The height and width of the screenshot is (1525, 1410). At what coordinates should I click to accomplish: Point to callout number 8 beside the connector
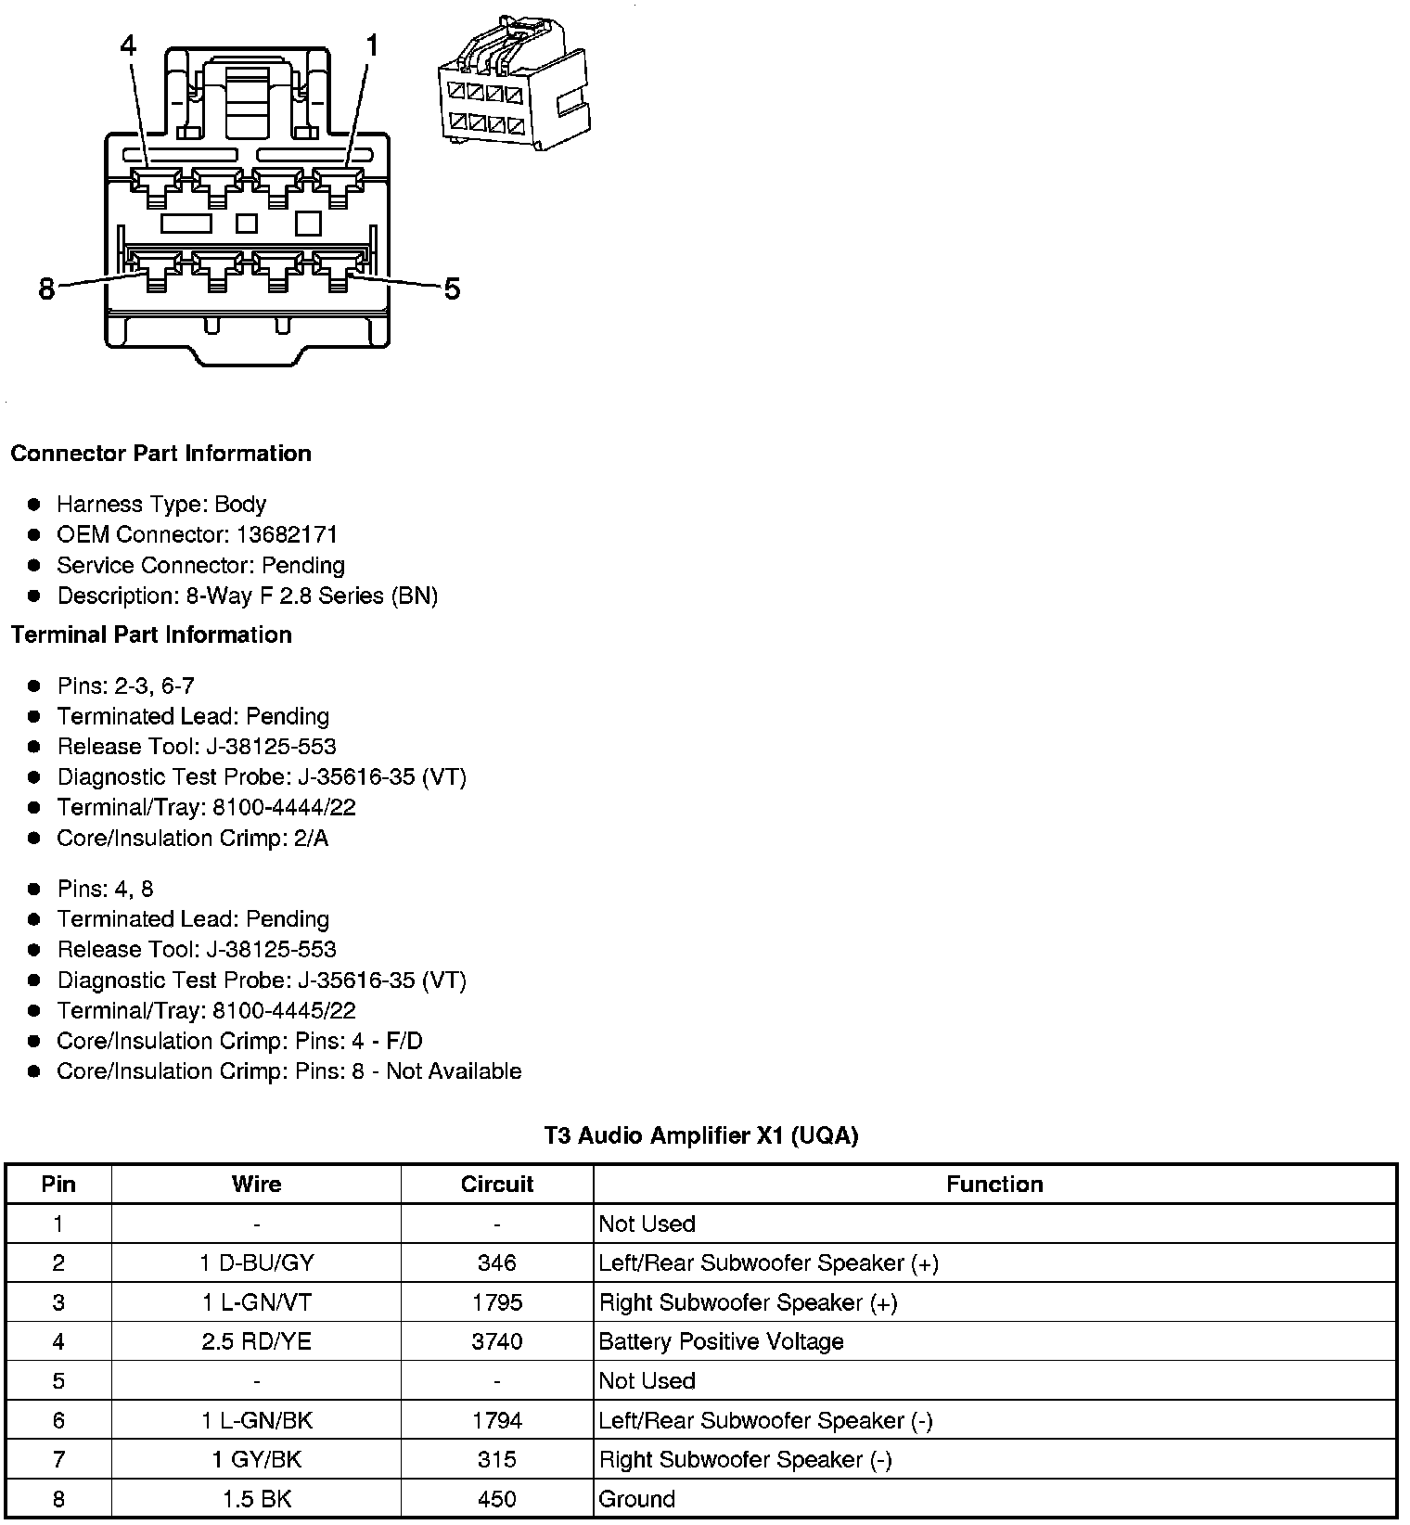tap(47, 290)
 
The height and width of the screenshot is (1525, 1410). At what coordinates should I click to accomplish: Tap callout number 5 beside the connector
tap(452, 289)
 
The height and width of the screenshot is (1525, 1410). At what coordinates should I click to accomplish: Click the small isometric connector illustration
tap(513, 85)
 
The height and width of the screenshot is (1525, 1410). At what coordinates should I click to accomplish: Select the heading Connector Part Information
tap(160, 454)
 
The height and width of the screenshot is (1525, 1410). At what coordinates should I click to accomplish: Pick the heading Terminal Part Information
tap(151, 634)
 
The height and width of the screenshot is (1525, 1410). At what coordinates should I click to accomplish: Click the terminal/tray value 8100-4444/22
tap(284, 807)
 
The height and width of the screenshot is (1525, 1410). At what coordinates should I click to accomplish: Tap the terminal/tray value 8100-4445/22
tap(284, 1010)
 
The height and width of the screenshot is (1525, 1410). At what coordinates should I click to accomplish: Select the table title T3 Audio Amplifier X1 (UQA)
tap(700, 1135)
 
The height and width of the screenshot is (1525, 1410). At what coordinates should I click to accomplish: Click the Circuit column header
tap(497, 1185)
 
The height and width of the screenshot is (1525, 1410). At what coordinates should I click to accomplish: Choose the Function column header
tap(994, 1185)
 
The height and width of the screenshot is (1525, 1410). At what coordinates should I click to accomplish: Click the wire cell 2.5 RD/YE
tap(256, 1341)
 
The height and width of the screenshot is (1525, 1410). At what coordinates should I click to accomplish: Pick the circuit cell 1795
tap(497, 1302)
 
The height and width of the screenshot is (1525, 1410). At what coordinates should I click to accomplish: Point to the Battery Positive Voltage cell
tap(721, 1341)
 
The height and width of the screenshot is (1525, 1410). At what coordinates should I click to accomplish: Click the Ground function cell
tap(636, 1499)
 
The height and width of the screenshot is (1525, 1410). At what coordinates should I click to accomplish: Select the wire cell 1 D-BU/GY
tap(256, 1263)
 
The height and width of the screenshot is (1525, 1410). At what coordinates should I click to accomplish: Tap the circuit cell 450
tap(497, 1499)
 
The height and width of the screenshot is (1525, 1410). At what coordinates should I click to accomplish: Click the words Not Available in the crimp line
tap(454, 1071)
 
